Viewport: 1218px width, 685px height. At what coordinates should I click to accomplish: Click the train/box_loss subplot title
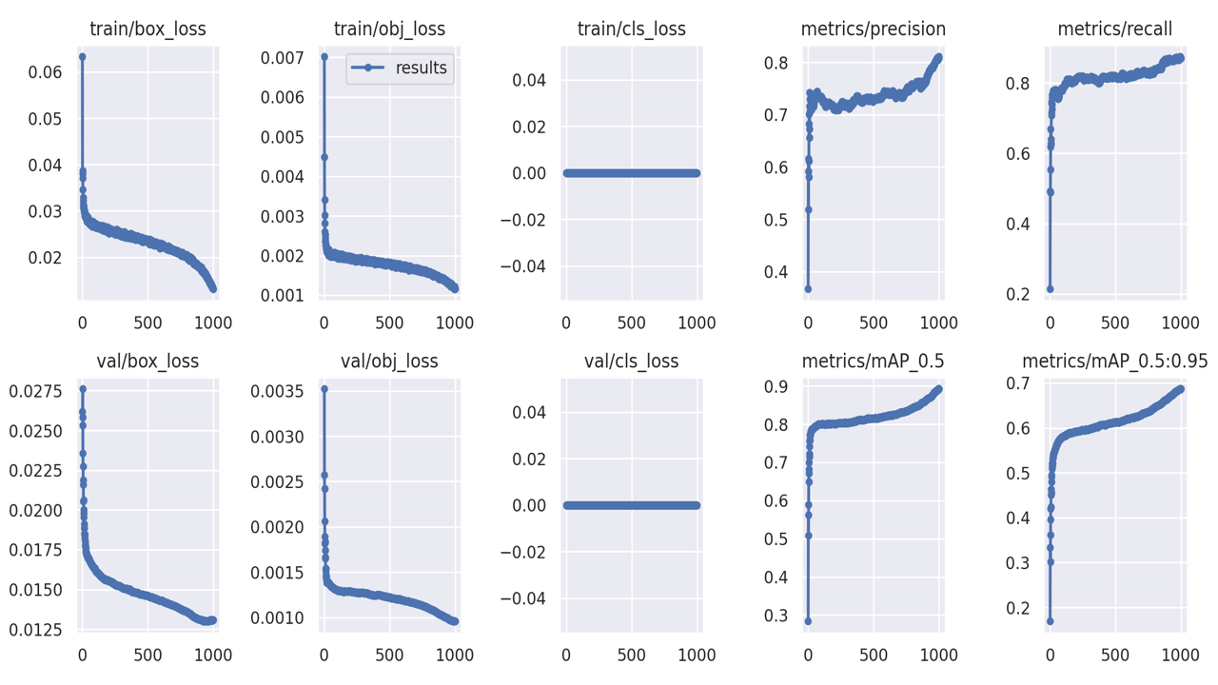point(147,29)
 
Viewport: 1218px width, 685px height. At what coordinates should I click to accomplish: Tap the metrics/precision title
point(874,29)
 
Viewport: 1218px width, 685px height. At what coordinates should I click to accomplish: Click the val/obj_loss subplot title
point(389,362)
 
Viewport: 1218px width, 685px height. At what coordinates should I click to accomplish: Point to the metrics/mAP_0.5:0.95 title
point(1114,362)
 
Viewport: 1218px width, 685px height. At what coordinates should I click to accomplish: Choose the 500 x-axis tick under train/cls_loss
point(631,323)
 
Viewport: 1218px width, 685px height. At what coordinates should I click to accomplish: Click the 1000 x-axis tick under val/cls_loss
point(697,655)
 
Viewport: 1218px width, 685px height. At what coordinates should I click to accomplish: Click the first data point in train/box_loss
point(82,57)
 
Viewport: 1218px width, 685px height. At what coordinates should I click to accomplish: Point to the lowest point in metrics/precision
point(808,289)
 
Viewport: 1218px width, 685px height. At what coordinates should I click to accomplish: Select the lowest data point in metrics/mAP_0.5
point(808,621)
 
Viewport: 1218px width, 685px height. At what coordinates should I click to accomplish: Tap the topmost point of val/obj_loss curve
point(324,389)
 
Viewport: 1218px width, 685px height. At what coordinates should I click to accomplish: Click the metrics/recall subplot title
point(1114,29)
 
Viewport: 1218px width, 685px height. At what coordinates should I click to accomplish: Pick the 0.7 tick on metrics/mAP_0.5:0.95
point(1023,383)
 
